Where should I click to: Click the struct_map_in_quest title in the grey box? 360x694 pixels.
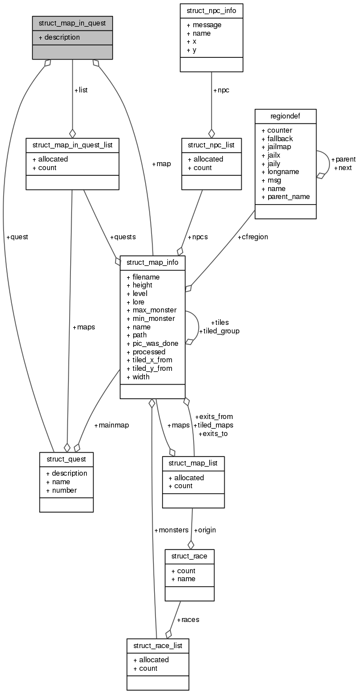pyautogui.click(x=72, y=23)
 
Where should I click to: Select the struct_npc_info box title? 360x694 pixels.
pyautogui.click(x=211, y=11)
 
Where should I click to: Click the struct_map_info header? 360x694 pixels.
pyautogui.click(x=153, y=263)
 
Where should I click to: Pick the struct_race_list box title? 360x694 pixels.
pyautogui.click(x=158, y=645)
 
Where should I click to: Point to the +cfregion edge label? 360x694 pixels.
pyautogui.click(x=253, y=237)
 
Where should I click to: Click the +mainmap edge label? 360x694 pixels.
pyautogui.click(x=111, y=425)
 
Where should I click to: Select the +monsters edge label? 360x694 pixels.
pyautogui.click(x=171, y=530)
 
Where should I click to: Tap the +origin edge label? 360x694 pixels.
pyautogui.click(x=205, y=530)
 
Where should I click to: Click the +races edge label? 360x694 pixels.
pyautogui.click(x=188, y=619)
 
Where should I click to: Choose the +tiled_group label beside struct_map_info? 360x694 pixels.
pyautogui.click(x=219, y=331)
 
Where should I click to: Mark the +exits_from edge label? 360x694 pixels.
pyautogui.click(x=214, y=416)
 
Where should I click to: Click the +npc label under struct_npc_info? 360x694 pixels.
pyautogui.click(x=222, y=90)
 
